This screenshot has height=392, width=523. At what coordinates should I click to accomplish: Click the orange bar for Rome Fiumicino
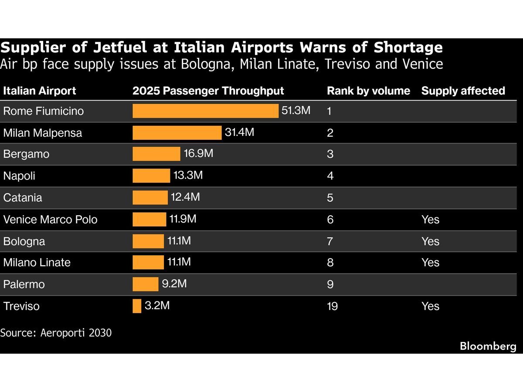(205, 111)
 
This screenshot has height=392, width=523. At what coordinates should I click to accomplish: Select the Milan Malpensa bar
(177, 132)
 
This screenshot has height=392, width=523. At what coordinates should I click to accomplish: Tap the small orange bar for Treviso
(137, 306)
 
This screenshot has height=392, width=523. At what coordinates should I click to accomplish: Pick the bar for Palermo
(146, 284)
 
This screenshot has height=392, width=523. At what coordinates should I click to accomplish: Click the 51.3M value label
(295, 110)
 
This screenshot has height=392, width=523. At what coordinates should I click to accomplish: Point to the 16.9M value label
(198, 153)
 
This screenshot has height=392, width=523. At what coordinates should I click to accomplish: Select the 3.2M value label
(157, 305)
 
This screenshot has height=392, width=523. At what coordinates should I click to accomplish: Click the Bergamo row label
(26, 154)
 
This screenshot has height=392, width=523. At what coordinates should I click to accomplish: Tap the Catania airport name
(23, 198)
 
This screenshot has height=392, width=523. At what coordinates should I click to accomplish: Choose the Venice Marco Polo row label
(50, 220)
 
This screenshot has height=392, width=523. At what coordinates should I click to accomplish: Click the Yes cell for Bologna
(430, 241)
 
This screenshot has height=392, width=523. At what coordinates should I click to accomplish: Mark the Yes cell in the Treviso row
(430, 306)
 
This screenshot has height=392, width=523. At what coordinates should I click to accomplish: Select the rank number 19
(332, 306)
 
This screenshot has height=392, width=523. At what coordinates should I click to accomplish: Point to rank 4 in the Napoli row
(330, 176)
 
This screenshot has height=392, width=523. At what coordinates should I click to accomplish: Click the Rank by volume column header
(368, 91)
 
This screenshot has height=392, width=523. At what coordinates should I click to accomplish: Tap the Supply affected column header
(463, 91)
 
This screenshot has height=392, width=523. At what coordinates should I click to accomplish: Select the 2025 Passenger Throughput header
(208, 91)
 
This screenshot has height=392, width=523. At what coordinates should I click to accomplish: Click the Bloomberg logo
(488, 346)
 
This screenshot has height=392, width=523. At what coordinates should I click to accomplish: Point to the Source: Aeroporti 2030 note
(56, 333)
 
